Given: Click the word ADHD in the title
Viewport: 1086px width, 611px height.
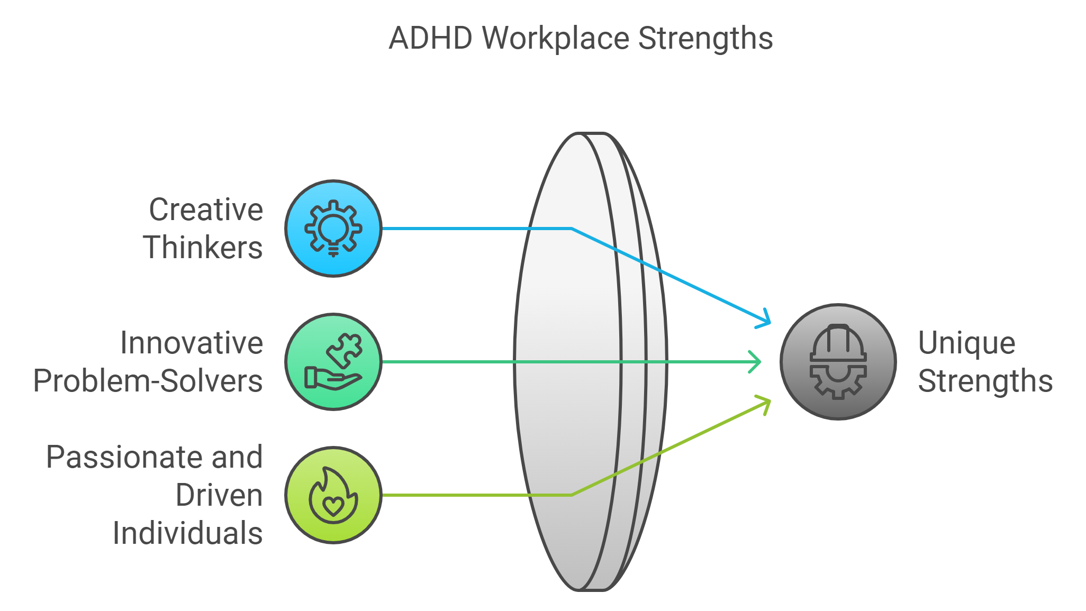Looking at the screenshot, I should [x=430, y=39].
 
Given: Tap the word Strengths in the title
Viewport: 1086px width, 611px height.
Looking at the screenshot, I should [x=705, y=39].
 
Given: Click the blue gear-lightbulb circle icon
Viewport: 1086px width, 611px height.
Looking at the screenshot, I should [x=333, y=229].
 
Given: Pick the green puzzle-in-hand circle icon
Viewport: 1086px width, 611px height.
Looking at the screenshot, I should [x=333, y=362].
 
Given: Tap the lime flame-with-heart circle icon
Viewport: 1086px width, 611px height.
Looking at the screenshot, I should [x=333, y=495].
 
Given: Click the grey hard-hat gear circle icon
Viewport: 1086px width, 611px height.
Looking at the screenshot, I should [x=838, y=362].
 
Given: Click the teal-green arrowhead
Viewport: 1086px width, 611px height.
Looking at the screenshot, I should [x=756, y=362].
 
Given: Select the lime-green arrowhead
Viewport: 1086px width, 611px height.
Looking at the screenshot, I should [x=765, y=404].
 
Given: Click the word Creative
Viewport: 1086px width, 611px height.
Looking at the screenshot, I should [x=206, y=209].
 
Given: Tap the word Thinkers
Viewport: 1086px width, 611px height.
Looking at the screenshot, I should [x=203, y=248].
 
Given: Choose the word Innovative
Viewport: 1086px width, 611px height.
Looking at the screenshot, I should [x=192, y=343].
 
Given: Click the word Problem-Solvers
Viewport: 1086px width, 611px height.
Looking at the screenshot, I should [x=148, y=381].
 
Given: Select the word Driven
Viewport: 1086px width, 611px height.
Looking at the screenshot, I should [x=219, y=495].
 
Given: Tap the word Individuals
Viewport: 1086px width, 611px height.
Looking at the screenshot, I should [x=187, y=533].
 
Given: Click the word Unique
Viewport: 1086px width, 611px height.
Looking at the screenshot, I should [x=966, y=343].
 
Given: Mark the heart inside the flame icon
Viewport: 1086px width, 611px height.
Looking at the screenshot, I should [x=333, y=506].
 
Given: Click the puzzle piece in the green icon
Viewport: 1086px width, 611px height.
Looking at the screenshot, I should [x=345, y=349].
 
